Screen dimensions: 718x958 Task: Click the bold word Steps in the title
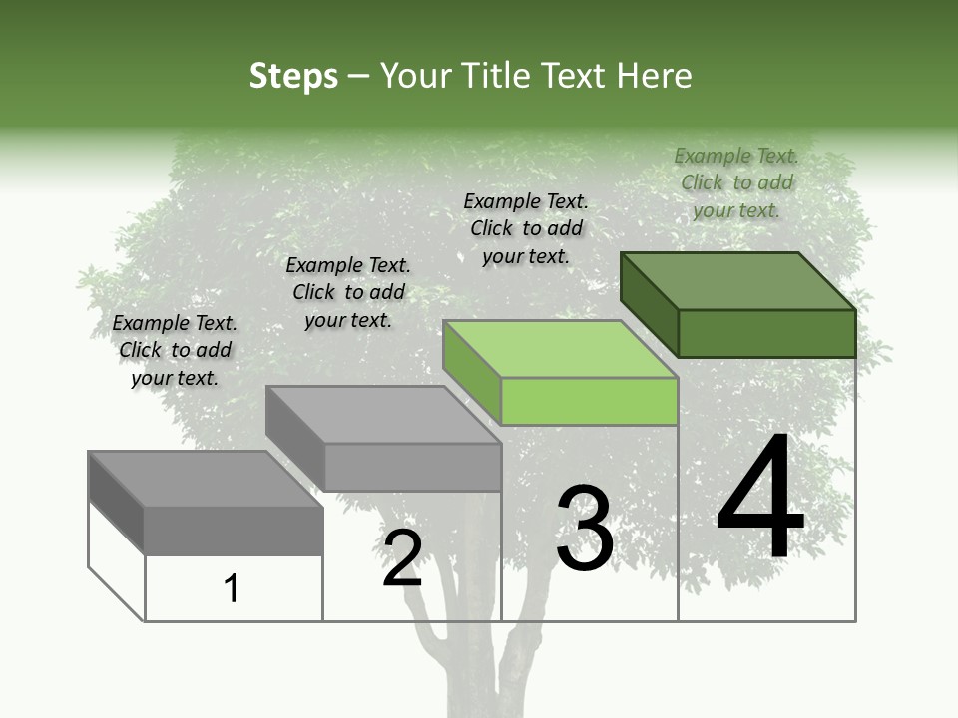click(x=293, y=76)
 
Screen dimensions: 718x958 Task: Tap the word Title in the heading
click(x=495, y=76)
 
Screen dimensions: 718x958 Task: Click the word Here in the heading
click(x=655, y=76)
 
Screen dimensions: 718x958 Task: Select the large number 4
click(x=760, y=499)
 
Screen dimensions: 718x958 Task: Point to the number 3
click(x=585, y=529)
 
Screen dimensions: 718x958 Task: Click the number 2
click(x=402, y=558)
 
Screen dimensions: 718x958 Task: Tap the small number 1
click(x=232, y=589)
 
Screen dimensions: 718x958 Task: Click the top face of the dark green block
click(x=738, y=280)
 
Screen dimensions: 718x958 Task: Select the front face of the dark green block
click(x=766, y=333)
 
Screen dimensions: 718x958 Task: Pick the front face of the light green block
click(x=589, y=402)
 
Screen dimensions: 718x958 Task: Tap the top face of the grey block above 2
click(x=383, y=415)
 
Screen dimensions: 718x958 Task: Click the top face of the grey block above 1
click(x=206, y=479)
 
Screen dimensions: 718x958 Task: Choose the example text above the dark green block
click(x=736, y=182)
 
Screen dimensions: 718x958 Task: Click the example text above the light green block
click(x=526, y=228)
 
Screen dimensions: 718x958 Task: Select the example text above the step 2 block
click(x=348, y=292)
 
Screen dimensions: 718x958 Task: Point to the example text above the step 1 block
click(x=175, y=350)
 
